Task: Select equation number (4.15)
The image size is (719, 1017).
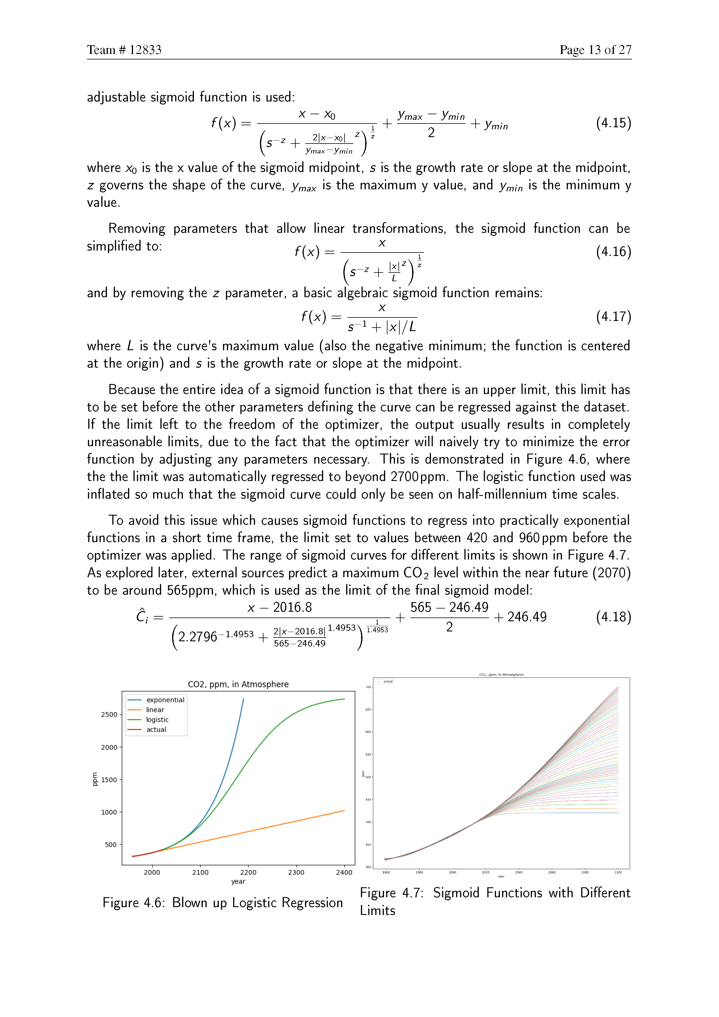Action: click(613, 123)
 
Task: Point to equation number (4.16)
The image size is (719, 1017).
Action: click(613, 252)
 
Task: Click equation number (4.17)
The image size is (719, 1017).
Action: click(613, 316)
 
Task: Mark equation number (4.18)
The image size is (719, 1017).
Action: click(613, 617)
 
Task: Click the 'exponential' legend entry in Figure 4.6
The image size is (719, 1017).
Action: click(165, 700)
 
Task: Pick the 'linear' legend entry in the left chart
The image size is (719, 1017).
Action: click(155, 710)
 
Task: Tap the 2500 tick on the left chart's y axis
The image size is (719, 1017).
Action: click(109, 714)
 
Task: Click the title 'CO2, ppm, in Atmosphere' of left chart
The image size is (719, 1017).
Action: click(238, 684)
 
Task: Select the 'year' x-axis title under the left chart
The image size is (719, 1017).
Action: click(238, 881)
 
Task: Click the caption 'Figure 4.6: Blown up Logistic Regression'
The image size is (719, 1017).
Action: click(223, 903)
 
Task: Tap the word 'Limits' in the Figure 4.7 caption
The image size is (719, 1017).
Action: click(377, 910)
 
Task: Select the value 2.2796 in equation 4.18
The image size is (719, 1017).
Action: click(197, 637)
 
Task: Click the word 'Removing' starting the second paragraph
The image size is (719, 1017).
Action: click(137, 228)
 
